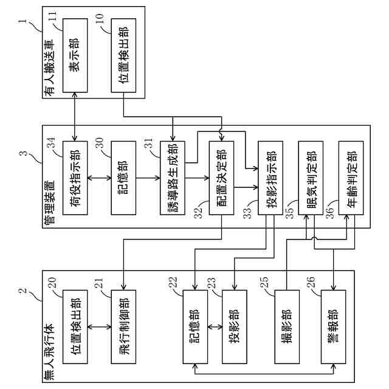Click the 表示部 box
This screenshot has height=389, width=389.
[x=75, y=55]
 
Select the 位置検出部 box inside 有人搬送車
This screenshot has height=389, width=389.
[x=123, y=55]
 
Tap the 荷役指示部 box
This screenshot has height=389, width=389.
[x=75, y=178]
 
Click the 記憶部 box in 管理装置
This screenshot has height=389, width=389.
[x=123, y=178]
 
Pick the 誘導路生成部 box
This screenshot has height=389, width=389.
[x=173, y=178]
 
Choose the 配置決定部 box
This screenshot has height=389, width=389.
[x=221, y=178]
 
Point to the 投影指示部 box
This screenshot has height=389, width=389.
[x=270, y=178]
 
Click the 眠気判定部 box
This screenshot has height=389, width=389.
[x=311, y=178]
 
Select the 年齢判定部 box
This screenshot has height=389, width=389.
[x=351, y=178]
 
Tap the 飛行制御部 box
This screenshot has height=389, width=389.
[x=123, y=327]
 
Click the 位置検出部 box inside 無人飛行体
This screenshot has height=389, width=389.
[x=75, y=327]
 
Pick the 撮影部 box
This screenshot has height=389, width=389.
[x=287, y=327]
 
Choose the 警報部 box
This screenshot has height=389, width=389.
[x=334, y=327]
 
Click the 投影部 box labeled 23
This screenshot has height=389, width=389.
[x=235, y=327]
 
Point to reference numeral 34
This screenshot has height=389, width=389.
[x=51, y=142]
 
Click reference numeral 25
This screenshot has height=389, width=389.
[x=264, y=282]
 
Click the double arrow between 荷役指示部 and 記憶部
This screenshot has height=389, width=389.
[x=99, y=178]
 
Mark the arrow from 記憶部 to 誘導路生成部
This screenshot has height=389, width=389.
[x=148, y=178]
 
